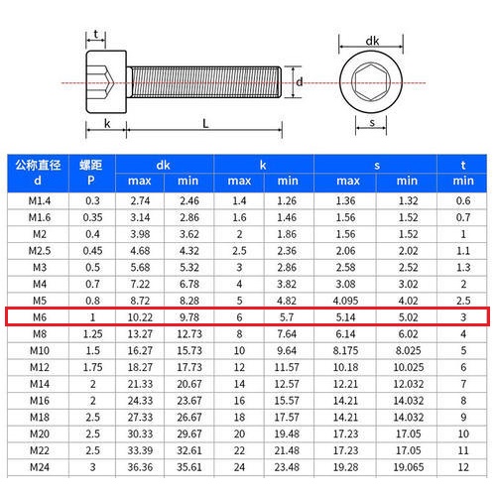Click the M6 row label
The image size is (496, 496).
click(x=40, y=317)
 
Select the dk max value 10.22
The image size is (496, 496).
click(x=140, y=317)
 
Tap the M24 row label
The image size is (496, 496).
click(x=40, y=467)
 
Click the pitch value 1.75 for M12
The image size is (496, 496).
click(x=92, y=367)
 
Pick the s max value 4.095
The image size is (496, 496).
click(x=345, y=301)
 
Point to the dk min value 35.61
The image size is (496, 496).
click(x=189, y=467)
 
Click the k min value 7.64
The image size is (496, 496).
click(x=287, y=334)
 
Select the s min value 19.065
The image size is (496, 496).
click(x=409, y=467)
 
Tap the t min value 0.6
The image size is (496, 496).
click(x=463, y=200)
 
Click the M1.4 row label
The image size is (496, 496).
click(x=40, y=200)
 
